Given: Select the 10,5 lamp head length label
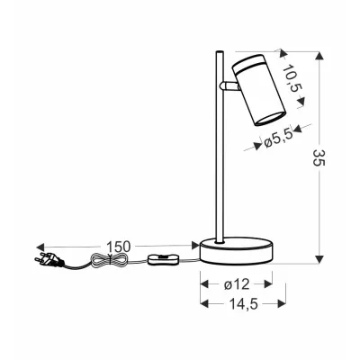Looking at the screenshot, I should [x=291, y=78].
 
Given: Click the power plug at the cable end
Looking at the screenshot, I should [x=50, y=263].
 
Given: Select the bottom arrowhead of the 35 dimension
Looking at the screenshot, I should [x=319, y=261].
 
